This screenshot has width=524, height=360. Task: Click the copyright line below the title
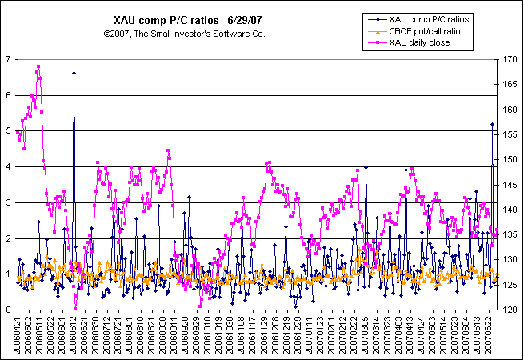(x=184, y=34)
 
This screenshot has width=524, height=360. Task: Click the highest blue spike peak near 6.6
(x=74, y=73)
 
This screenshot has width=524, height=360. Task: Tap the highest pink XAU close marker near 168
(x=38, y=67)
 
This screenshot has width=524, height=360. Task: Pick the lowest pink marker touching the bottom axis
(x=74, y=309)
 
